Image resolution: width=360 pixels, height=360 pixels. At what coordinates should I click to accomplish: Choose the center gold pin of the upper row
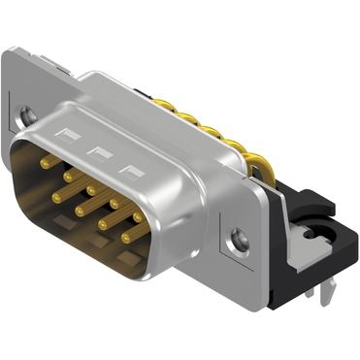91,190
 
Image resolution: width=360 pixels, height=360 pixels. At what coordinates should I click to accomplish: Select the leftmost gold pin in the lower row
59,197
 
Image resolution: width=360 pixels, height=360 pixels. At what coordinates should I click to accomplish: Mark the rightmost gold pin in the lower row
126,237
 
